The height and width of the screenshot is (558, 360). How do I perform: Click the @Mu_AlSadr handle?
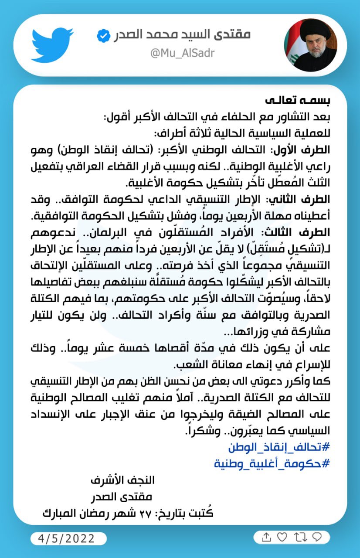pos(182,53)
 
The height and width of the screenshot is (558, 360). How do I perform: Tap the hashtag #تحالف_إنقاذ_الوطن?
pos(279,448)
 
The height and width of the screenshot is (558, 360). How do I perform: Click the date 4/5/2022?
pos(68,538)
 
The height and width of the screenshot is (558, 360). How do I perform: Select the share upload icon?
pos(266,537)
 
